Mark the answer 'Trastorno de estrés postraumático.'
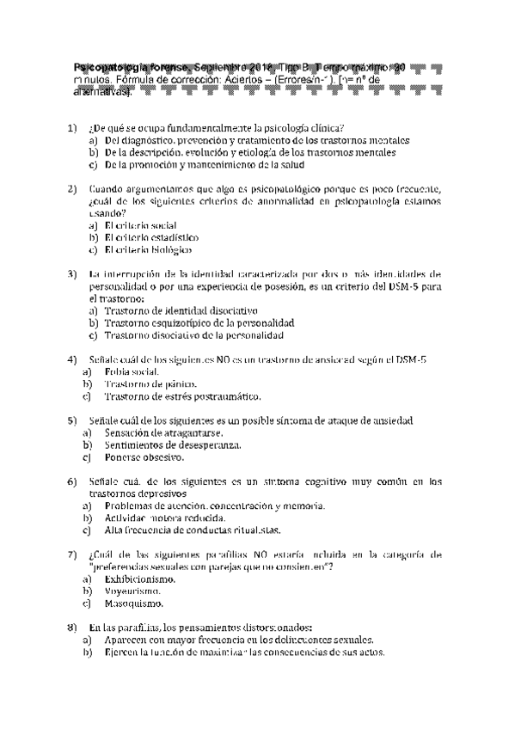(x=181, y=396)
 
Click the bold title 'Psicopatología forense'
(x=132, y=67)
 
